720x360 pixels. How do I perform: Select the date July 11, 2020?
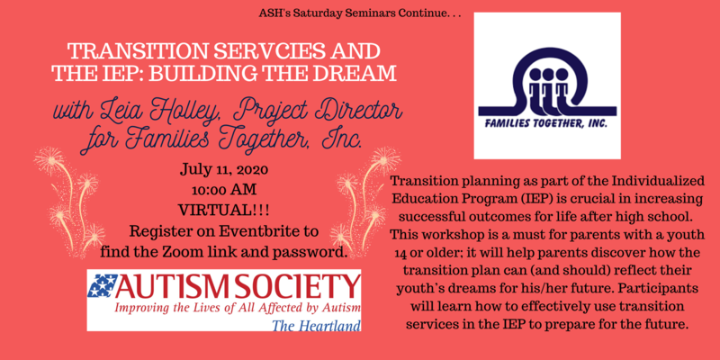click(223, 171)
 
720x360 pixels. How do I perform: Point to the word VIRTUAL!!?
click(223, 211)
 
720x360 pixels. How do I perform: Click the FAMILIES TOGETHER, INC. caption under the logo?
click(547, 123)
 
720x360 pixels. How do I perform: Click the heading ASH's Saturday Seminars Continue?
click(359, 13)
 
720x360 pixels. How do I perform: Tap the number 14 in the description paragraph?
click(400, 253)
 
